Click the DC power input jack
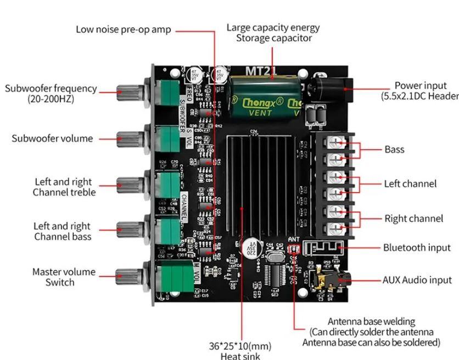(329, 88)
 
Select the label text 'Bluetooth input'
(416, 248)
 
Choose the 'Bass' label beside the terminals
(394, 149)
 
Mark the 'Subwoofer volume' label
(52, 138)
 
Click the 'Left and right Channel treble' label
(64, 187)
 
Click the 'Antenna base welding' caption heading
(371, 321)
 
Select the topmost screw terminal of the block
(334, 142)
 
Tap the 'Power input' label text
(420, 86)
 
